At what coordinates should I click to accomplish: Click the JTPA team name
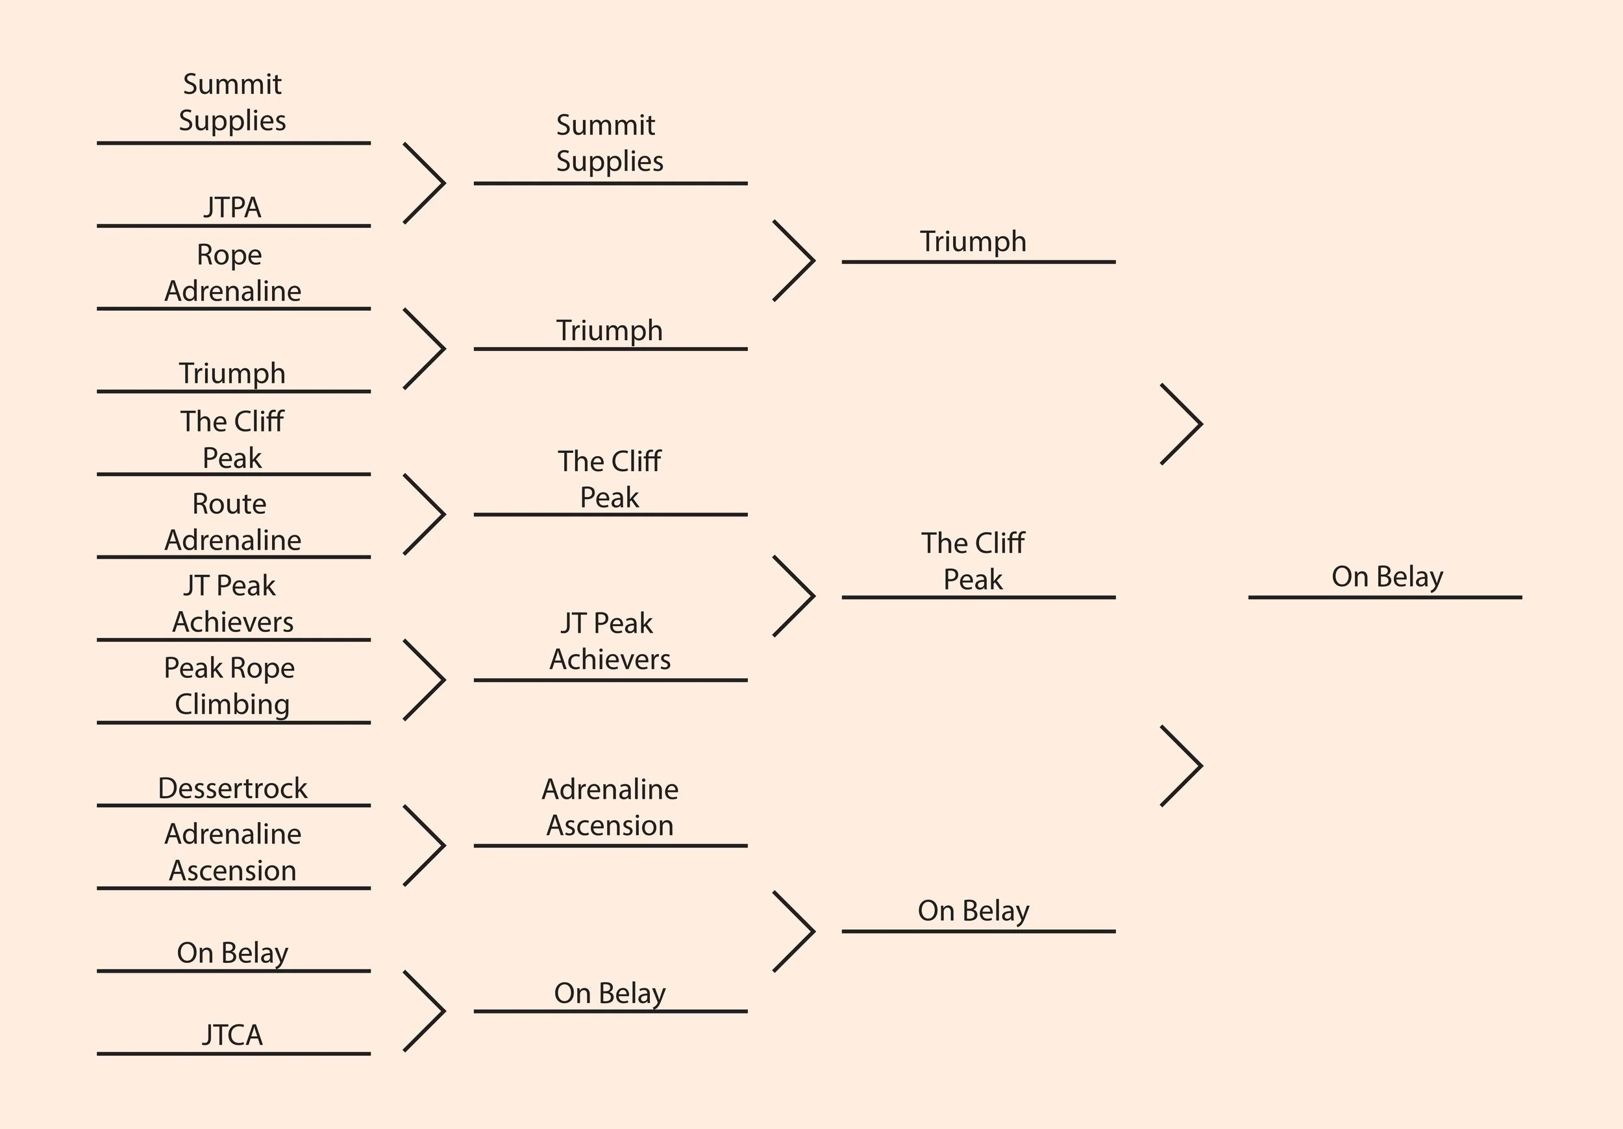pyautogui.click(x=232, y=208)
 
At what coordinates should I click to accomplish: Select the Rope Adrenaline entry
pyautogui.click(x=232, y=273)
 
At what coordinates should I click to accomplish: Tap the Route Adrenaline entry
pyautogui.click(x=232, y=522)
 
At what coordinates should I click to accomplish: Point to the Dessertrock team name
pyautogui.click(x=232, y=788)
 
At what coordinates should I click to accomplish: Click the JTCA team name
pyautogui.click(x=232, y=1035)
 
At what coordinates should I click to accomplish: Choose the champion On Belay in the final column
pyautogui.click(x=1387, y=577)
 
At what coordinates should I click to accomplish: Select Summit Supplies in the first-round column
pyautogui.click(x=232, y=103)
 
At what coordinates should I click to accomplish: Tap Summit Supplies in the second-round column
pyautogui.click(x=610, y=143)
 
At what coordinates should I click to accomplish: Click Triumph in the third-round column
pyautogui.click(x=973, y=241)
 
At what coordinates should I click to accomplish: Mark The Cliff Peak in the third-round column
pyautogui.click(x=973, y=561)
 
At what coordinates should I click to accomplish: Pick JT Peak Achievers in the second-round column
pyautogui.click(x=610, y=641)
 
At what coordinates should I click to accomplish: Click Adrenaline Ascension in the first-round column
pyautogui.click(x=232, y=852)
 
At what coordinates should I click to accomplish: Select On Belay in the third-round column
pyautogui.click(x=973, y=911)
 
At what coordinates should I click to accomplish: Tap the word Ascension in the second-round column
pyautogui.click(x=610, y=826)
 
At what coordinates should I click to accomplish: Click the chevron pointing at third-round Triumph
pyautogui.click(x=795, y=261)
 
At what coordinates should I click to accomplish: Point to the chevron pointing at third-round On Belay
pyautogui.click(x=795, y=931)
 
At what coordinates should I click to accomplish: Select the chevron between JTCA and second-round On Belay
pyautogui.click(x=425, y=1011)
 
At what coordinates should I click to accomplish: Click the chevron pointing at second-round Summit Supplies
pyautogui.click(x=425, y=184)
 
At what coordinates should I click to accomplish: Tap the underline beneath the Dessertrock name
pyautogui.click(x=233, y=805)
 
